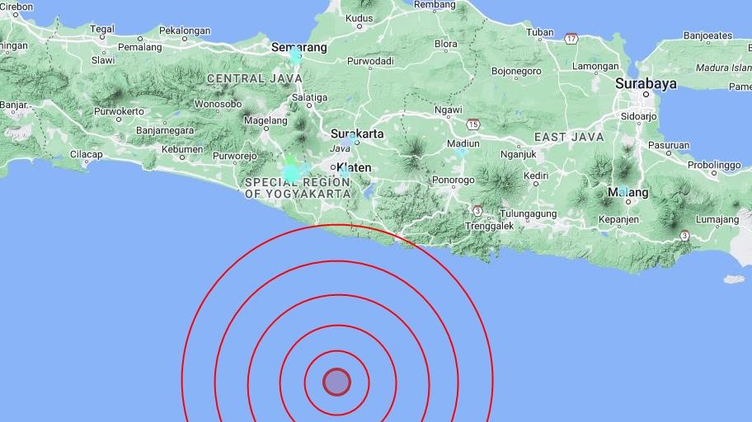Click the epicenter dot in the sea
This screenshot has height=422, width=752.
336,382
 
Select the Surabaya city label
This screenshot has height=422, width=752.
646,83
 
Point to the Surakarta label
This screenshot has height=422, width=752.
356,134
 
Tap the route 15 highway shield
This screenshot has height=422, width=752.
472,124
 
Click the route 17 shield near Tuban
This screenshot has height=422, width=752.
571,38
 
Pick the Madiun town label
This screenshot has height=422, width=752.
463,143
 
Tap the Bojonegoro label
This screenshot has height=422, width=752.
516,71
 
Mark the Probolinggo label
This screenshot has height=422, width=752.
714,165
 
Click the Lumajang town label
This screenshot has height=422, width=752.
717,219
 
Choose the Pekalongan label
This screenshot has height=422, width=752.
186,31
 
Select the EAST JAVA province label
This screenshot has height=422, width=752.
569,137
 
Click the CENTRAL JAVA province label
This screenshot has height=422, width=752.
247,78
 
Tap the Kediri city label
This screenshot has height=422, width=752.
536,176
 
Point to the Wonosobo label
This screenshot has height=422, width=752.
218,104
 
